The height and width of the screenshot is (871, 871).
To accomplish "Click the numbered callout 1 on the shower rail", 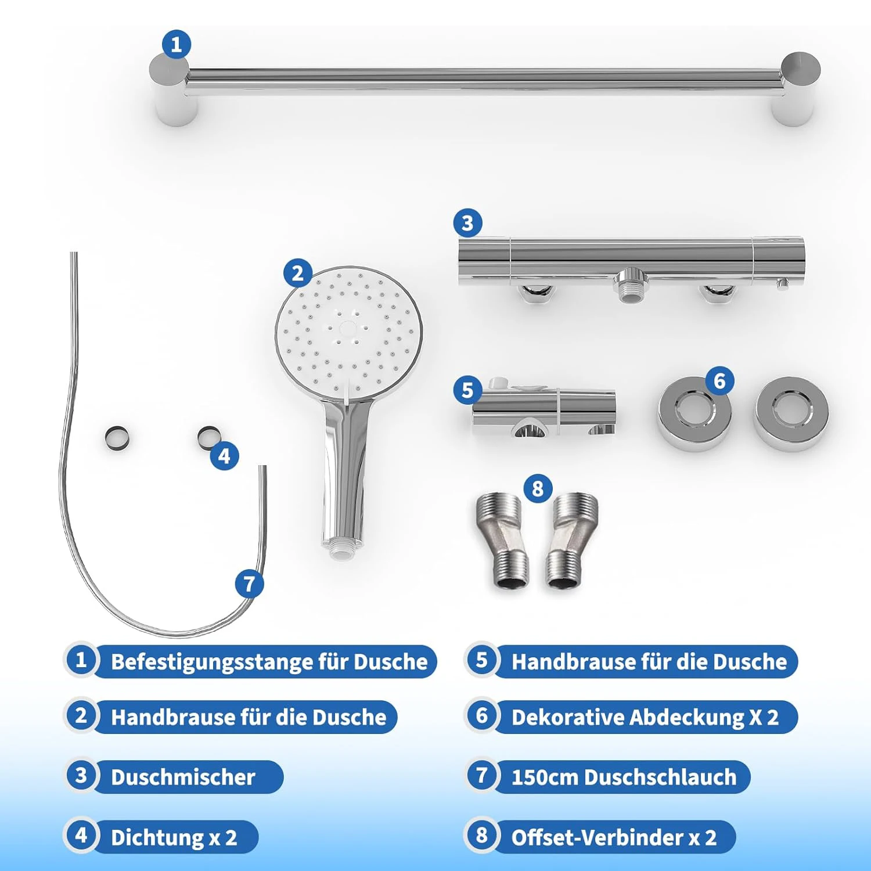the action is (x=176, y=45).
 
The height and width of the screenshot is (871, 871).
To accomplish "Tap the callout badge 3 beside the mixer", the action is (x=467, y=223).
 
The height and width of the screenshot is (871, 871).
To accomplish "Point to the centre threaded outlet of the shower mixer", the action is (x=629, y=286).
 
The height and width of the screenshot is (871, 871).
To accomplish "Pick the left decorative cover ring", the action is (x=694, y=413).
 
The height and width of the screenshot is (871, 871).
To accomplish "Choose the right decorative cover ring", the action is (x=791, y=413).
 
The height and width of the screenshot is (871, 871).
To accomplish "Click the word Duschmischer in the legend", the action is (x=183, y=777).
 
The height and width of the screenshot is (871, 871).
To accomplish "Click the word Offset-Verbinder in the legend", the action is (x=598, y=837).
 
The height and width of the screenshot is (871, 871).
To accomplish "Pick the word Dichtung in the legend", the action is (x=157, y=838).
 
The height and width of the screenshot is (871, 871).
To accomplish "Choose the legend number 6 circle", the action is (x=481, y=715).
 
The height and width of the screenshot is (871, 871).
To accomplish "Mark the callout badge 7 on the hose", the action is (x=250, y=584).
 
